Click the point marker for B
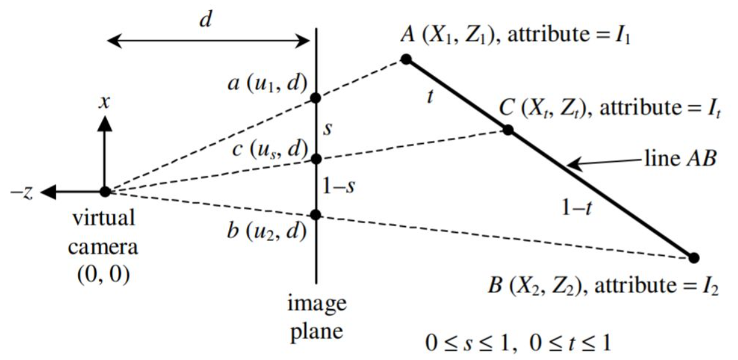pyautogui.click(x=694, y=258)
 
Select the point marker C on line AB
pyautogui.click(x=507, y=130)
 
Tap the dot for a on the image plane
pyautogui.click(x=315, y=98)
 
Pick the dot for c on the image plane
pyautogui.click(x=315, y=159)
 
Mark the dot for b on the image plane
pyautogui.click(x=315, y=214)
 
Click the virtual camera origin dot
pyautogui.click(x=105, y=191)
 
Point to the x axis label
pyautogui.click(x=105, y=102)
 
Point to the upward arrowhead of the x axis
pyautogui.click(x=105, y=122)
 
